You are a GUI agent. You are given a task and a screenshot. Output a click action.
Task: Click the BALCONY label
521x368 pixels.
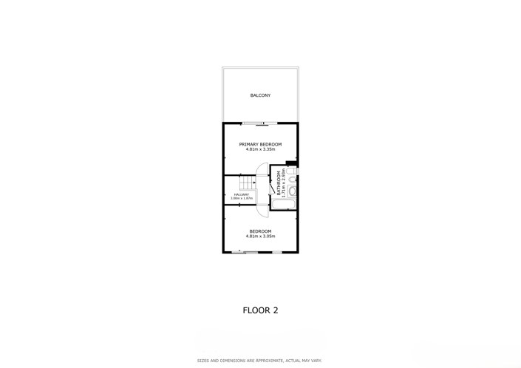coord(260,95)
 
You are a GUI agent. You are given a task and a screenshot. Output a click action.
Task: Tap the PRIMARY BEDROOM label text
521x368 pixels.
coord(260,145)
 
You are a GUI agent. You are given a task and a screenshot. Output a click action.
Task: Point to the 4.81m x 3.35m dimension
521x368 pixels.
coord(260,149)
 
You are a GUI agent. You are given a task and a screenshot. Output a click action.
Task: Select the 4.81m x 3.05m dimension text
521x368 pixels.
coord(260,236)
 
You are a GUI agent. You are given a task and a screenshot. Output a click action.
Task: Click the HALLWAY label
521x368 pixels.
coord(241,194)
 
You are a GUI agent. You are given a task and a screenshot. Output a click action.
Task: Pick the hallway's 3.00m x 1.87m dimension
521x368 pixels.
coord(241,198)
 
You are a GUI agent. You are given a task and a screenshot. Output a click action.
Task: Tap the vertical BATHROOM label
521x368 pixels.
coord(279,183)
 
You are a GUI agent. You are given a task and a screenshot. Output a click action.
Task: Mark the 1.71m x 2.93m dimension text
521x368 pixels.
coord(284,183)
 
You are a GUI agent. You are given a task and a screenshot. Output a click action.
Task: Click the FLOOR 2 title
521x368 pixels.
coord(260,310)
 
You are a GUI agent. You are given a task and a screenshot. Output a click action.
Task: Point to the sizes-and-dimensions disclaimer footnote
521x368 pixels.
coord(259,361)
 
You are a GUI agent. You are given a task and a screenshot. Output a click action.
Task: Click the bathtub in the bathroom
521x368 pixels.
coord(284,204)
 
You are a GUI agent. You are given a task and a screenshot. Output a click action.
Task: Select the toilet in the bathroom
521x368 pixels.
coord(292,171)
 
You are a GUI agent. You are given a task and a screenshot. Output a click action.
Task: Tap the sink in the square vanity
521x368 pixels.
coord(293,191)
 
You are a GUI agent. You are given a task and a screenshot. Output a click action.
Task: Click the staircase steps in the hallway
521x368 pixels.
coord(248,183)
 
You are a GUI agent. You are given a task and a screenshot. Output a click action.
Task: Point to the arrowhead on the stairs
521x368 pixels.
coord(254,183)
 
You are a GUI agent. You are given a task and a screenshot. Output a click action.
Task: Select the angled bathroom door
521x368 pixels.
coord(272,188)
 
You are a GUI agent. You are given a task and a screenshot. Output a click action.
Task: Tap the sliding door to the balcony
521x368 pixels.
coord(259,124)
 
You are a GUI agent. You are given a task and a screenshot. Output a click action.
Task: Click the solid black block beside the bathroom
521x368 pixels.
coord(291,163)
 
